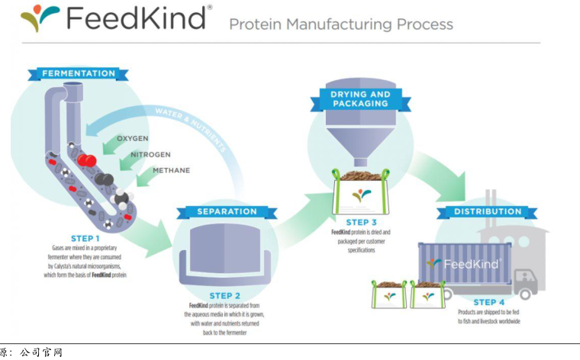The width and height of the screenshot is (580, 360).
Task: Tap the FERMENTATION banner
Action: (x=79, y=74)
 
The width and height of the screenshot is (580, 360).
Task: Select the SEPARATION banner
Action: (x=227, y=211)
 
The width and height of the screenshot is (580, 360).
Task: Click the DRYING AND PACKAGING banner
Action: (x=359, y=99)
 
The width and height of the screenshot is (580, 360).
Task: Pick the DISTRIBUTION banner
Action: (x=488, y=211)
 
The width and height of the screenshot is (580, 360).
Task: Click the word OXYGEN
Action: (x=132, y=138)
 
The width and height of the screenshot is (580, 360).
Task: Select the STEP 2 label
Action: (x=225, y=295)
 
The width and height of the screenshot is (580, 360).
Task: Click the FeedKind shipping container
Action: (x=463, y=264)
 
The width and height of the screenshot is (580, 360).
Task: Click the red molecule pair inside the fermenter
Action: (x=86, y=160)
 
